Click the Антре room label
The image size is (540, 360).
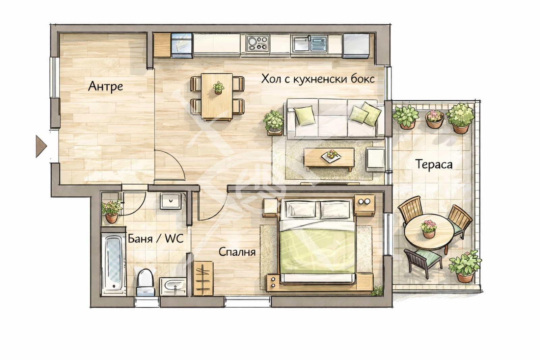[x=105, y=87]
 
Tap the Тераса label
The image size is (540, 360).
[x=434, y=165]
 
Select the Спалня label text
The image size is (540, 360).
[x=237, y=252]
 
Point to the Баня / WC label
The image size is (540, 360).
[x=156, y=239]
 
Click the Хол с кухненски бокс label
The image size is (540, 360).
[x=318, y=79]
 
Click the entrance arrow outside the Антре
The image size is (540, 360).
[x=41, y=147]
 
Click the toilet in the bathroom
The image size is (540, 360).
[x=145, y=282]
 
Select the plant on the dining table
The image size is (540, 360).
[x=218, y=87]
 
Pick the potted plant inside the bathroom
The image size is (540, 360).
[x=112, y=211]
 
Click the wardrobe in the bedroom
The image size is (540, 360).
[x=203, y=279]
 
